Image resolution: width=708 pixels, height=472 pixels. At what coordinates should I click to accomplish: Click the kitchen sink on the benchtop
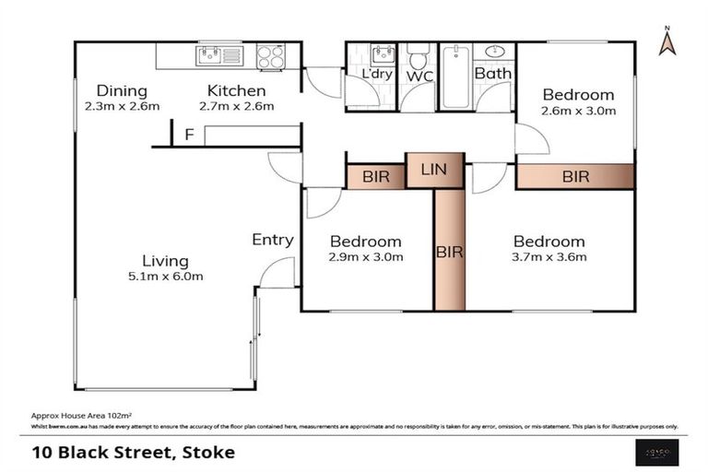(218, 56)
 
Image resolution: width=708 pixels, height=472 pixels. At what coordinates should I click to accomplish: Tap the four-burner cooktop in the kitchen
(270, 56)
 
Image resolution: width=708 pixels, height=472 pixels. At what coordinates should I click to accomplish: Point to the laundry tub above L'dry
(383, 53)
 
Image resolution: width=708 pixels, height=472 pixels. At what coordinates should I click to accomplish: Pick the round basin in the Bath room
(492, 52)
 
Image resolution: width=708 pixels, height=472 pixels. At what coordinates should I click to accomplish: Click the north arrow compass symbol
(667, 41)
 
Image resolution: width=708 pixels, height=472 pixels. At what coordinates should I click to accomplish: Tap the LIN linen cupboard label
(434, 169)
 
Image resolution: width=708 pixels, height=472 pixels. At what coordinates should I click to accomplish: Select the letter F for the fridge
(189, 136)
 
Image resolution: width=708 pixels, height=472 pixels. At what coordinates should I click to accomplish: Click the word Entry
(273, 240)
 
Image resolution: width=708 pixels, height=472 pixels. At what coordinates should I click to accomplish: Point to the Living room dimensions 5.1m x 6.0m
(166, 276)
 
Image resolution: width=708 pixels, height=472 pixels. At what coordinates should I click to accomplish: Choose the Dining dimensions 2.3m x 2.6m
(122, 106)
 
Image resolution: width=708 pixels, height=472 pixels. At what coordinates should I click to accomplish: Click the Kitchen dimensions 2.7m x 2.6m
(236, 106)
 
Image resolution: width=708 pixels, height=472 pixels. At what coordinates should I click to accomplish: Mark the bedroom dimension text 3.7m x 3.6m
(549, 257)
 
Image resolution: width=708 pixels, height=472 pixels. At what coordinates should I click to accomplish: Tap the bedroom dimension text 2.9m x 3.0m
(366, 257)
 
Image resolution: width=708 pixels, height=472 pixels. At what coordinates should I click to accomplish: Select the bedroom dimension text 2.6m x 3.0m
(577, 111)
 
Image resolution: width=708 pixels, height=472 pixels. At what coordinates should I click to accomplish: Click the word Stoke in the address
(208, 452)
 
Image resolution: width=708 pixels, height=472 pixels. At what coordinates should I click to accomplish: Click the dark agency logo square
(658, 451)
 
